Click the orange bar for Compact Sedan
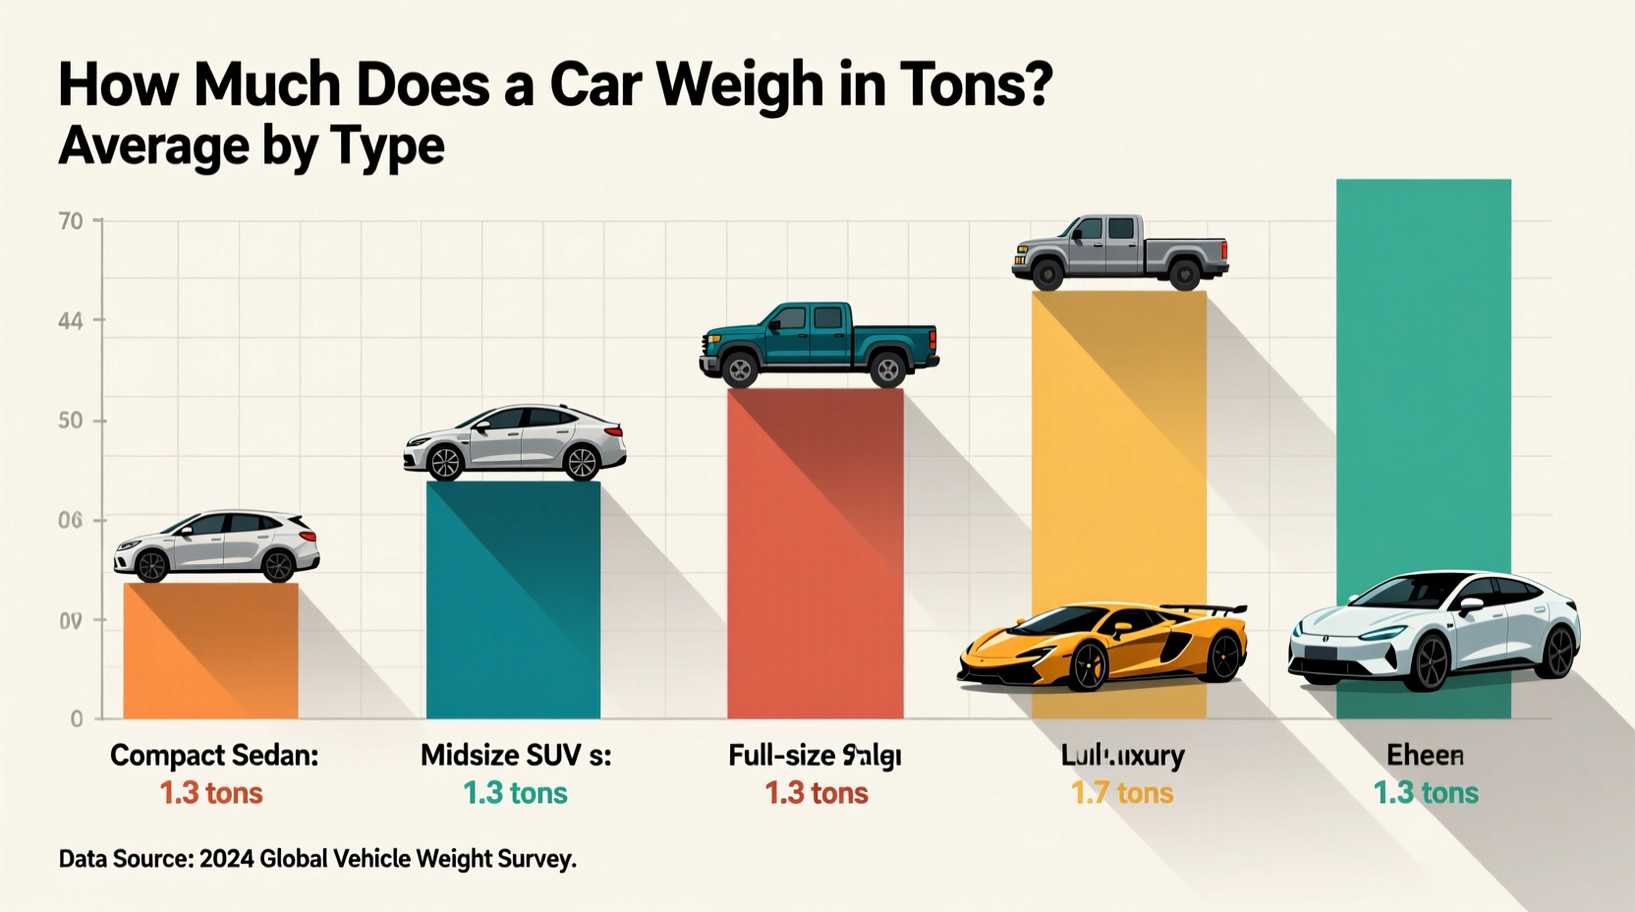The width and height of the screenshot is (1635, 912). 210,651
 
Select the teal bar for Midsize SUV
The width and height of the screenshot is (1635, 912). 513,599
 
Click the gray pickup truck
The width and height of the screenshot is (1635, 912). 1120,251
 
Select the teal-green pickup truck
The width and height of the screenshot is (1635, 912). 818,343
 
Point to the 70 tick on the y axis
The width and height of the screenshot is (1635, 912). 71,221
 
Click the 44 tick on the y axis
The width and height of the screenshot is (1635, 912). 71,321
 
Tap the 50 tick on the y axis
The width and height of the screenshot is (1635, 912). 71,422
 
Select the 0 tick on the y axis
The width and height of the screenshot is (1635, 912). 77,719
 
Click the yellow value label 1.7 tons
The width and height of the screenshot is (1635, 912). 1122,793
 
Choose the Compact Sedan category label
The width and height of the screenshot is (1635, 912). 214,755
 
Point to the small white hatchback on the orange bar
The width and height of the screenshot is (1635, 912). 216,546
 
